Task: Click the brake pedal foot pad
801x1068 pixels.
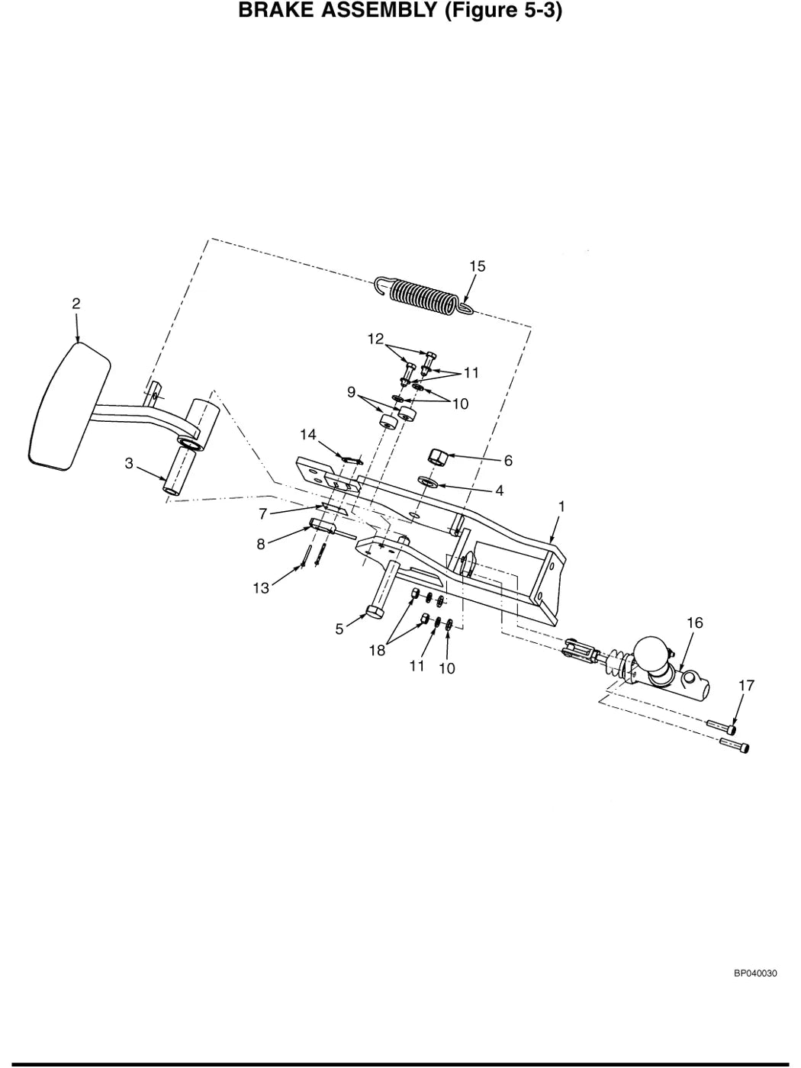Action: click(69, 407)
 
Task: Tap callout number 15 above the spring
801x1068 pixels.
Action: click(477, 266)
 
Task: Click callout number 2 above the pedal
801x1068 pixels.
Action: click(76, 304)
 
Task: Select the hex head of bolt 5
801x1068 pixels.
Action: click(375, 611)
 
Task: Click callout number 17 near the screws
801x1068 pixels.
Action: click(746, 686)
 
